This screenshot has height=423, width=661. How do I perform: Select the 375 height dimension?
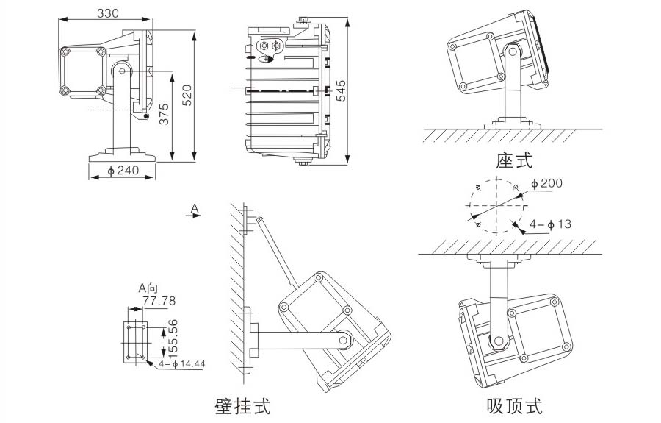[x=165, y=114]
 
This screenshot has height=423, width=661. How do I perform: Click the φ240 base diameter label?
[x=123, y=171]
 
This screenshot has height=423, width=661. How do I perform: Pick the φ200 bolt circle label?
[x=546, y=182]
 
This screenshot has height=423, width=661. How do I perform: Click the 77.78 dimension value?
[x=159, y=301]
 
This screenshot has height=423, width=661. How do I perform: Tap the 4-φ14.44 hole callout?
[x=182, y=363]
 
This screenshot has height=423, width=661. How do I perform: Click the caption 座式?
[x=514, y=161]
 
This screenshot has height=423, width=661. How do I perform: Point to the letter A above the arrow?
[x=195, y=209]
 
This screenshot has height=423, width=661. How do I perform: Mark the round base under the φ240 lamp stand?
[x=123, y=155]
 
